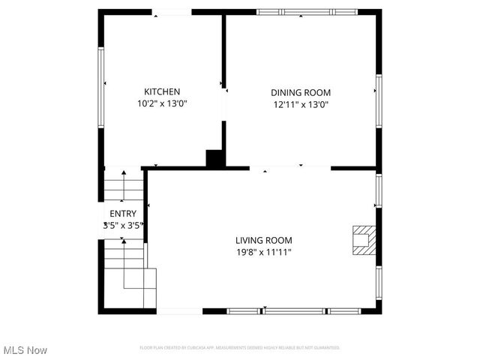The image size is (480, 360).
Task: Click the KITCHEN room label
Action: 161,91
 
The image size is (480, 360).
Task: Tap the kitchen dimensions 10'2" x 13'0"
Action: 161,103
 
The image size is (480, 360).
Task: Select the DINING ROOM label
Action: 300,92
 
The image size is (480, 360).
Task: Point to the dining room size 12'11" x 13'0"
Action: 300,104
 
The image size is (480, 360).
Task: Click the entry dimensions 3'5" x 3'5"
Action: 123,224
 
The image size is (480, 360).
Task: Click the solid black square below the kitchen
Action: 215,158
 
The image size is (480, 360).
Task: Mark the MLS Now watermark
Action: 25,350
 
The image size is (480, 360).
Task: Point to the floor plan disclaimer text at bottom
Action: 240,347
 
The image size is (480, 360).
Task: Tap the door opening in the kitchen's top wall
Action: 172,12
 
